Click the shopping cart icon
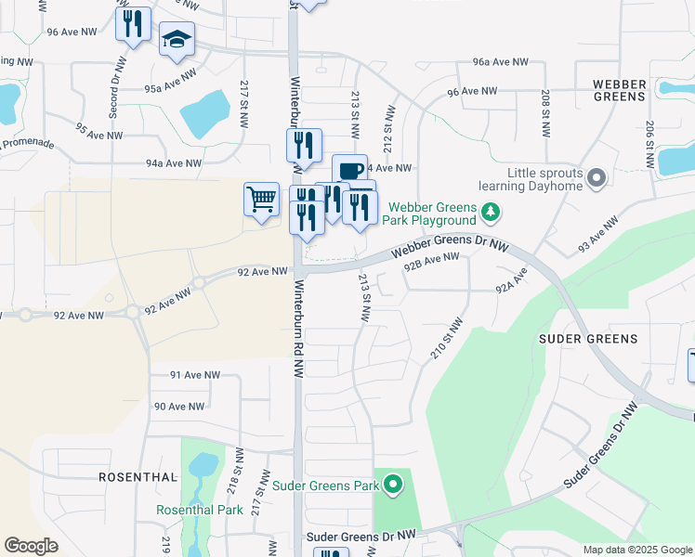click(x=262, y=198)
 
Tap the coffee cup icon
click(x=349, y=170)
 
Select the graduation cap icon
click(x=177, y=40)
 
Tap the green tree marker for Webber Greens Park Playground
click(x=491, y=214)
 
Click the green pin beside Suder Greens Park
click(x=393, y=485)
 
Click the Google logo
click(x=31, y=546)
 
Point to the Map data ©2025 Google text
click(x=637, y=550)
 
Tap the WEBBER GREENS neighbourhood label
click(x=620, y=90)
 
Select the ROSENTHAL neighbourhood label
click(x=138, y=476)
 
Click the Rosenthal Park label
click(x=200, y=510)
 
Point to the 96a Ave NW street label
click(x=500, y=62)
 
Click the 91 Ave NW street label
click(x=195, y=375)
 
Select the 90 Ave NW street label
click(x=179, y=407)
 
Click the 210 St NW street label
click(x=447, y=340)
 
